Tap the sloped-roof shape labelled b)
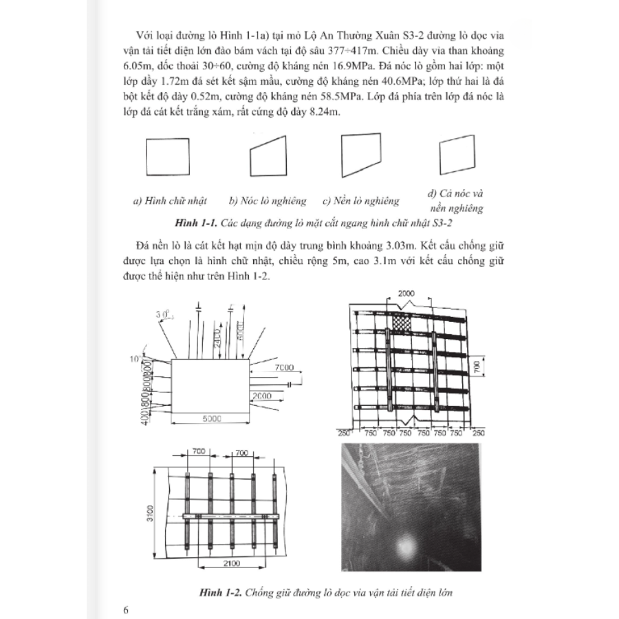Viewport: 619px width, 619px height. coord(268,156)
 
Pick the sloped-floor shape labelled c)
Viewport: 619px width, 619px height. coord(360,156)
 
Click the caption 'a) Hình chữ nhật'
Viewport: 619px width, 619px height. coord(169,202)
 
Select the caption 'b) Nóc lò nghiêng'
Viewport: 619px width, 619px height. coord(268,202)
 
